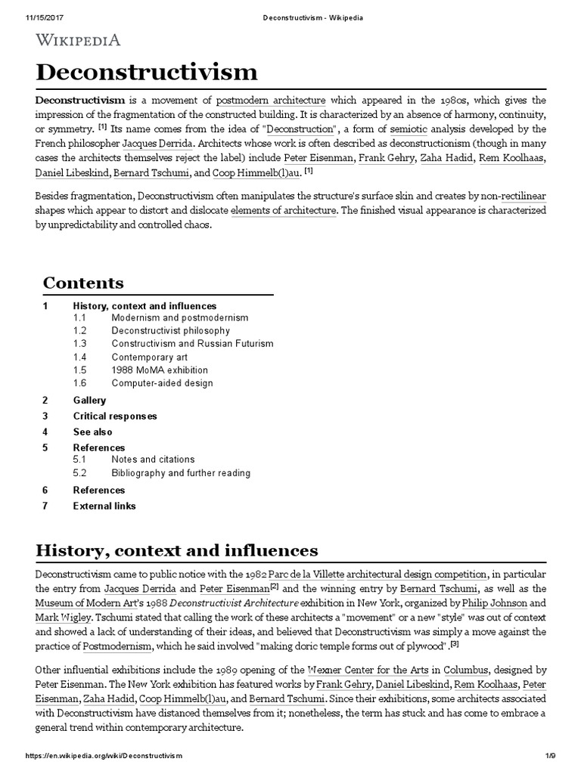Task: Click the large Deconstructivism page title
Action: click(146, 73)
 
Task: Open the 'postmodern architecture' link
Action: click(271, 101)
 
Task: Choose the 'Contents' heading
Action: click(83, 283)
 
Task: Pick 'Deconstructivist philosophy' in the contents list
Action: click(170, 331)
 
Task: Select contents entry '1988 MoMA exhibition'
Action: click(160, 370)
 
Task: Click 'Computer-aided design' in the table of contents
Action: click(163, 383)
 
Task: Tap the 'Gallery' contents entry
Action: click(89, 401)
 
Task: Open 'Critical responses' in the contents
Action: click(115, 416)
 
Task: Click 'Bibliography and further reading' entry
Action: click(181, 473)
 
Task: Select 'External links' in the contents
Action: click(104, 506)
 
